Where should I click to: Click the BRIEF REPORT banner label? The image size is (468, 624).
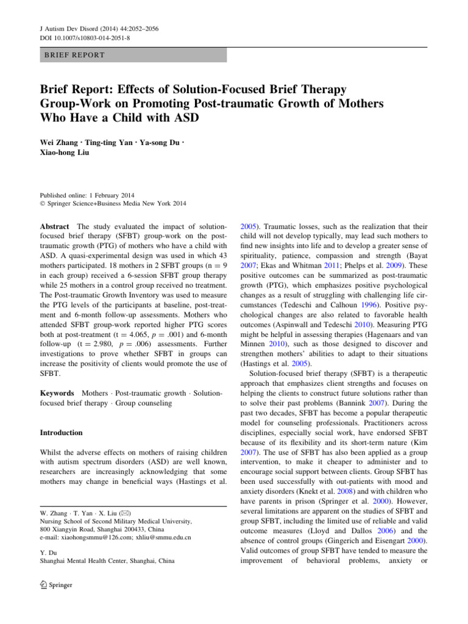tap(74, 55)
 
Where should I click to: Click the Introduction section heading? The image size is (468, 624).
tap(60, 433)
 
